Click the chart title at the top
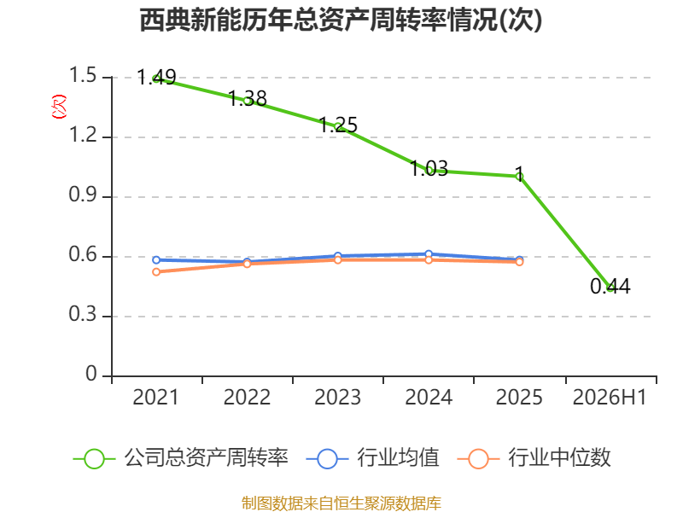[x=341, y=20]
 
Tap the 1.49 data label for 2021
[x=156, y=78]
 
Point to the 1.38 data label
[x=248, y=98]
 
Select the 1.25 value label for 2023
[x=338, y=125]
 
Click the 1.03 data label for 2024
[x=429, y=168]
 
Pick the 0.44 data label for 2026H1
[x=610, y=286]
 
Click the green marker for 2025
[x=519, y=177]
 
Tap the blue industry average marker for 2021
[x=156, y=260]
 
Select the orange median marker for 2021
[x=156, y=272]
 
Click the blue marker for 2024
[x=429, y=253]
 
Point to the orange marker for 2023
[x=338, y=260]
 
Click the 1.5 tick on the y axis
[x=83, y=75]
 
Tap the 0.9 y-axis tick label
[x=83, y=195]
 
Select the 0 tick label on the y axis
[x=91, y=374]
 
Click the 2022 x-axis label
[x=247, y=398]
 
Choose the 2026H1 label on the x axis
[x=610, y=398]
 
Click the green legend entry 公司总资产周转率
[x=181, y=458]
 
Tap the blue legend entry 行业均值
[x=373, y=458]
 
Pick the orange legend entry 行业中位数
[x=534, y=458]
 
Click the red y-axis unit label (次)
[x=59, y=107]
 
